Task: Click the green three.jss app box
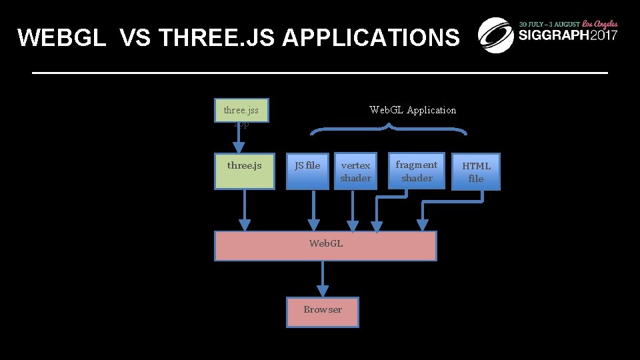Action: point(241,110)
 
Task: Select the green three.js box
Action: point(244,171)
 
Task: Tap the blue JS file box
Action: point(307,171)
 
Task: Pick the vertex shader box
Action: point(355,171)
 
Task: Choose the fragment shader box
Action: point(416,171)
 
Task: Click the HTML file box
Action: point(475,172)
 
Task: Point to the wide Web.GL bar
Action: point(325,245)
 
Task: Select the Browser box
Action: point(323,312)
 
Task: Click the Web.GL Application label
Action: point(413,110)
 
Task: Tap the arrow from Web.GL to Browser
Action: point(323,279)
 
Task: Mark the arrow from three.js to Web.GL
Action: point(245,210)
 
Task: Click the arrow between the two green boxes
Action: point(238,139)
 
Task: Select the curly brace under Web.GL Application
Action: point(389,129)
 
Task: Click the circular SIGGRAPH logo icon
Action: point(496,35)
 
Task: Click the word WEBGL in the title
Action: point(62,38)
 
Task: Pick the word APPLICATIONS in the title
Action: point(371,38)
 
